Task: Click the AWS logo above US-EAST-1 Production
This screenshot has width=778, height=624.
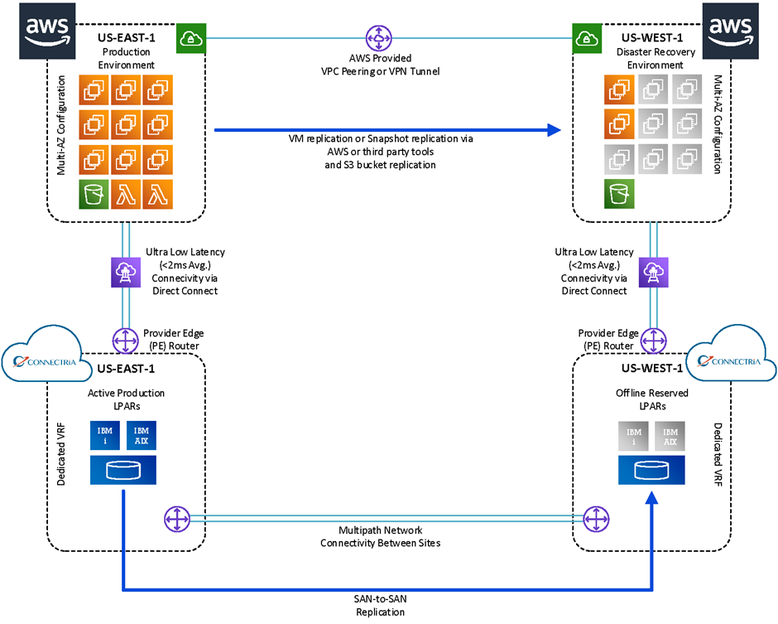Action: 48,31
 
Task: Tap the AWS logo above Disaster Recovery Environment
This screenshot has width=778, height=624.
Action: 730,31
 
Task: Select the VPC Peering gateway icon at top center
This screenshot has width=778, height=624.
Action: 379,38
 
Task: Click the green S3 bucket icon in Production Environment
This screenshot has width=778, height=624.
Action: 94,194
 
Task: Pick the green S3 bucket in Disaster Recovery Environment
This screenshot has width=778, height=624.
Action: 619,194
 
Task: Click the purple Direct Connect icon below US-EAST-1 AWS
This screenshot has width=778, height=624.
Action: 126,273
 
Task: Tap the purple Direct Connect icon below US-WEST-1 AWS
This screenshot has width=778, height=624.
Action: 654,273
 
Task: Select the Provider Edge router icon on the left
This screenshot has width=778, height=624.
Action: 126,341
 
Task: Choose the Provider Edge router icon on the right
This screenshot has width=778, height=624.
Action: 654,341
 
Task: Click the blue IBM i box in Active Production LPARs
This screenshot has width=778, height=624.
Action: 104,436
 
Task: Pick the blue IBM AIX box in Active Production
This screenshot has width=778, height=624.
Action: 142,436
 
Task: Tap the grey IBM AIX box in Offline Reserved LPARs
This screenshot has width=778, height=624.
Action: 670,436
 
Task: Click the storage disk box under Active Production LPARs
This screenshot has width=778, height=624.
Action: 123,470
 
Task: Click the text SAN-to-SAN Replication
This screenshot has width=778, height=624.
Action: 380,606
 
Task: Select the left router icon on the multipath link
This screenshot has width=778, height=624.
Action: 177,520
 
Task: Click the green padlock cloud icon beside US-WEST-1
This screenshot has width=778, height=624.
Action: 587,38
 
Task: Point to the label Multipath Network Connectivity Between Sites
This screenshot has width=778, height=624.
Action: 380,536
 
